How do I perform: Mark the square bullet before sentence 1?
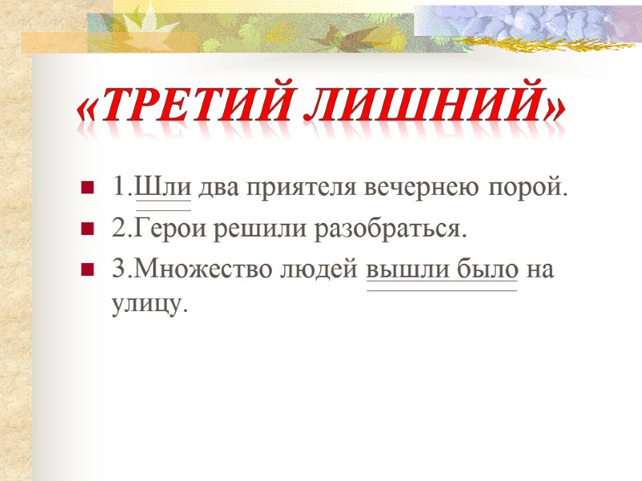tap(86, 190)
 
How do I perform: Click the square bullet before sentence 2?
tap(86, 231)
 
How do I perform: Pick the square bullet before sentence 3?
tap(86, 270)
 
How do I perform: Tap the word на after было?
tap(540, 270)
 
